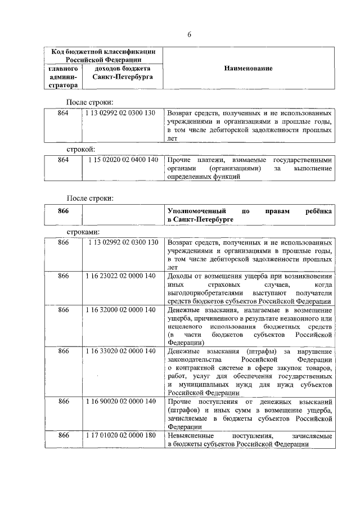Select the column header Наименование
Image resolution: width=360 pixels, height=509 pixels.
point(248,68)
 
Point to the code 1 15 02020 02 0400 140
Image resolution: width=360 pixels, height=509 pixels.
point(123,160)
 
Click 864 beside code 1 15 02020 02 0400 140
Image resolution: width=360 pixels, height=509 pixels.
point(63,160)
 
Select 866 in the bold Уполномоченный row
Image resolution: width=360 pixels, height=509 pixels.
point(63,210)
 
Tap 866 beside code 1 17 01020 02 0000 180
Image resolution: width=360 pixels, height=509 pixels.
point(63,435)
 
